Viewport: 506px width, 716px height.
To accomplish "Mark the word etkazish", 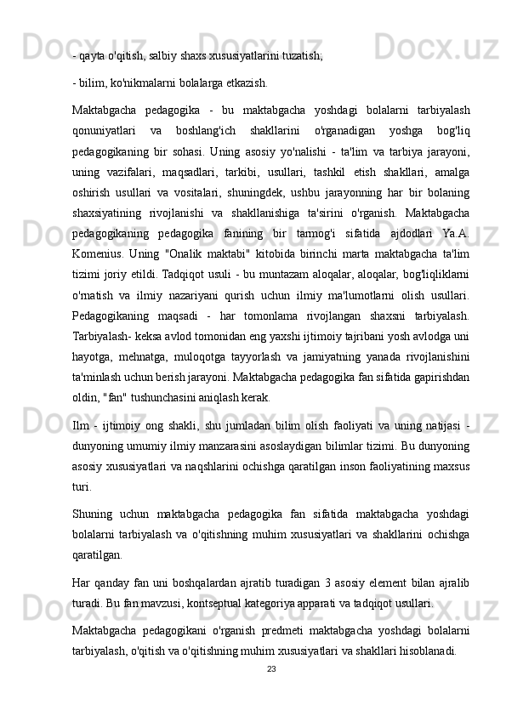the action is [x=245, y=83].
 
